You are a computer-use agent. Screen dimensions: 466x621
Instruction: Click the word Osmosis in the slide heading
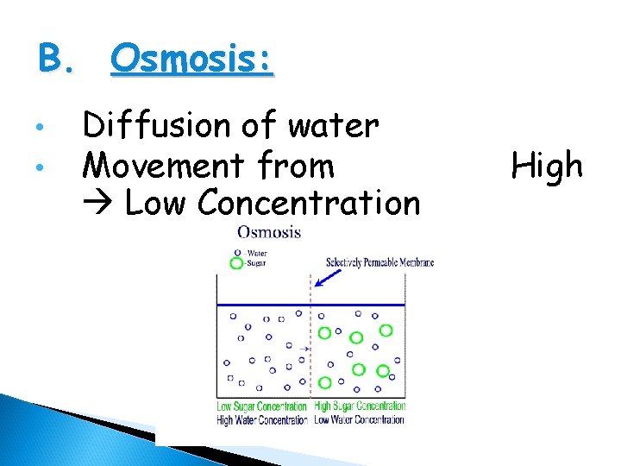(191, 60)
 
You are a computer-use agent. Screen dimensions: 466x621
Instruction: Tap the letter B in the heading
(50, 60)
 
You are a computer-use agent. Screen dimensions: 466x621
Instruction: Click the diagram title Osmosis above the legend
(269, 232)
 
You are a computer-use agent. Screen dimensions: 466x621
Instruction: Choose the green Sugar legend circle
(235, 263)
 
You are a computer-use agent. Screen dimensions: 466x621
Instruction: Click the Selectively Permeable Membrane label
(379, 262)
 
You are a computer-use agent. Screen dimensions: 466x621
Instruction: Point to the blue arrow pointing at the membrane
(328, 277)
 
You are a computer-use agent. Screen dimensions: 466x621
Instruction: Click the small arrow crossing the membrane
(303, 349)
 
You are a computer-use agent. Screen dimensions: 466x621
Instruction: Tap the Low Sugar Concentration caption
(262, 406)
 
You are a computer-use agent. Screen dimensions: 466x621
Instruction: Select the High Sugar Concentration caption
(360, 406)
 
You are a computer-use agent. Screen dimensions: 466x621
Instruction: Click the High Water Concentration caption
(262, 419)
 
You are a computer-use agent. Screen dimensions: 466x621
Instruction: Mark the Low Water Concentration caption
(360, 419)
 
